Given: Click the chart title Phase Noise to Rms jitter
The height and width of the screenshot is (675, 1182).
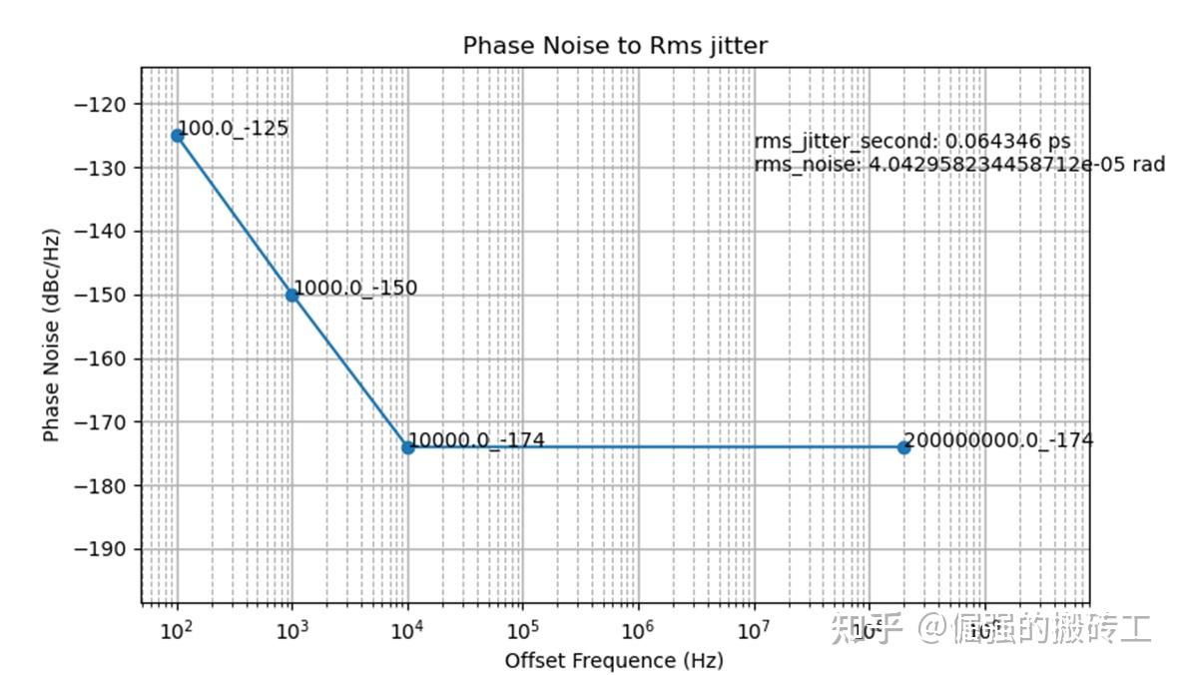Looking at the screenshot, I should [x=614, y=46].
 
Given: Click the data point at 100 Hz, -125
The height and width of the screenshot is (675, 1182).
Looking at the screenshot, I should [x=178, y=136].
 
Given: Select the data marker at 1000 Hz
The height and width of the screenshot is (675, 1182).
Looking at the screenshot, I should [x=293, y=295].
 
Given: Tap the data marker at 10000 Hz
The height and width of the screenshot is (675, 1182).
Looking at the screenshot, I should [x=407, y=447].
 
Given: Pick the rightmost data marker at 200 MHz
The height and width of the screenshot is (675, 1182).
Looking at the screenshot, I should [x=903, y=447].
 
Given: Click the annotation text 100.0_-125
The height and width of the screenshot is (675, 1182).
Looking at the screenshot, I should [x=232, y=128].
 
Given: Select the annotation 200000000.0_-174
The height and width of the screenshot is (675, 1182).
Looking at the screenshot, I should [x=998, y=439].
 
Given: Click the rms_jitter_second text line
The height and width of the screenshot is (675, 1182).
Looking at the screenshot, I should [x=911, y=142].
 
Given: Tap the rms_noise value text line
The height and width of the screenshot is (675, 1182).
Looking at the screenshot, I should [x=958, y=164].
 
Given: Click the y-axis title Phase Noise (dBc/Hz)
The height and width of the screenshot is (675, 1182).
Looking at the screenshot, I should [x=51, y=336].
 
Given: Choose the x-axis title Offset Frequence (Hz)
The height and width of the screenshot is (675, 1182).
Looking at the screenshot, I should [x=614, y=661].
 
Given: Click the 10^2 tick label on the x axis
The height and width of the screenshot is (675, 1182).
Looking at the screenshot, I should [x=177, y=630].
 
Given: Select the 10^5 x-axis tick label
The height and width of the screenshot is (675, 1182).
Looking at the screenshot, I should [x=522, y=630].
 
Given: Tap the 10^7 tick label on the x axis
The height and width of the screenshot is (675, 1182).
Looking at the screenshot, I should [x=752, y=630].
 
